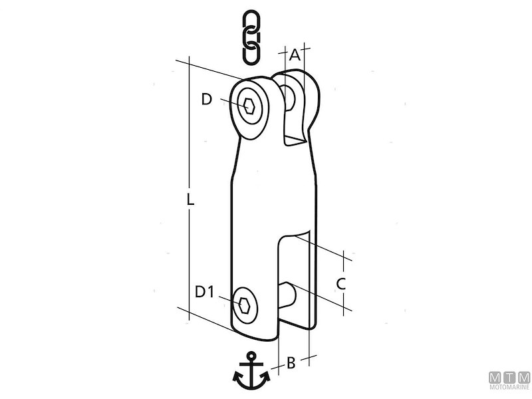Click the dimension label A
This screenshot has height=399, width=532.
[295, 55]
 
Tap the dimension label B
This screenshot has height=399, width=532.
[291, 362]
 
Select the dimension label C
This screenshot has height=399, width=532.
[340, 284]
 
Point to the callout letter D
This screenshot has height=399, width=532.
[206, 99]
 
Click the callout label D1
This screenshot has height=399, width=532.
[204, 292]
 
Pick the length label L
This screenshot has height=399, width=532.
[190, 199]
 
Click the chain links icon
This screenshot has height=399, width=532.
[251, 37]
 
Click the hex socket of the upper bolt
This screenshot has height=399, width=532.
[249, 106]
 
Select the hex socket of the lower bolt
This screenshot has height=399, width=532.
[244, 305]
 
